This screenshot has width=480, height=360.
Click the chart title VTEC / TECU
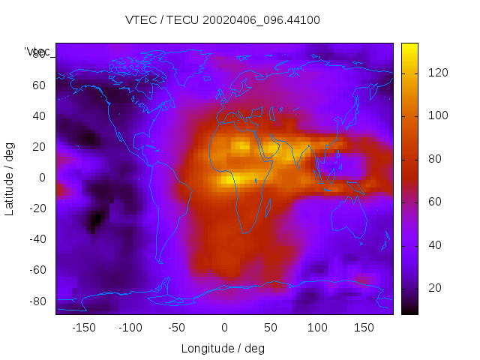(222, 20)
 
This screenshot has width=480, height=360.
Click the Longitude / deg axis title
(223, 349)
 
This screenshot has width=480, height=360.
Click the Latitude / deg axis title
(10, 177)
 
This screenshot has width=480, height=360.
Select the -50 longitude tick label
(177, 328)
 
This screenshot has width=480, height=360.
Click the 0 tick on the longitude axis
(223, 328)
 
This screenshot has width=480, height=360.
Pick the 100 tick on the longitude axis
(317, 328)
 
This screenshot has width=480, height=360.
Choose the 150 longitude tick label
(364, 328)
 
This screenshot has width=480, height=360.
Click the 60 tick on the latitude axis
(39, 85)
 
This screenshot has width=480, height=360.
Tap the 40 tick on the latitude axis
(39, 116)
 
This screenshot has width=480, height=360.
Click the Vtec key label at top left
(37, 51)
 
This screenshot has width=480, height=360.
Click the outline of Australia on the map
(349, 218)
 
